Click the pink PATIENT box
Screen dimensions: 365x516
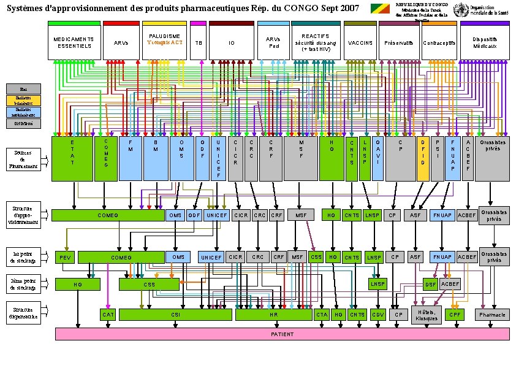[x=283, y=334]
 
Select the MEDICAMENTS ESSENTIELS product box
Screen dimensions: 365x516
[x=74, y=43]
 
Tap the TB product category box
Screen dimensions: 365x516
[x=198, y=43]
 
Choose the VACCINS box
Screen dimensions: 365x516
[x=360, y=43]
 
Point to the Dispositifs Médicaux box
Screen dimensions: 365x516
[x=484, y=43]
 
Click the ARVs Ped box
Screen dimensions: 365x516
[x=273, y=43]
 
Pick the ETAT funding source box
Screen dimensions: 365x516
[x=73, y=159]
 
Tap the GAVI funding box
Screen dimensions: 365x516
[x=378, y=159]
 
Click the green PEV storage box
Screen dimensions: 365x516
[x=64, y=257]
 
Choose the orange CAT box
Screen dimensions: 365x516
[x=108, y=315]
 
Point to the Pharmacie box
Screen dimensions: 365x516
[x=493, y=315]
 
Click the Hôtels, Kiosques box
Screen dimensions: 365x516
[x=426, y=315]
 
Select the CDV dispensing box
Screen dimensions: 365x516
[x=378, y=315]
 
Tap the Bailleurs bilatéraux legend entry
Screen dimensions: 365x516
[x=24, y=100]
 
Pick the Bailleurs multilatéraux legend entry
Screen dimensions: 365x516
[x=24, y=111]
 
